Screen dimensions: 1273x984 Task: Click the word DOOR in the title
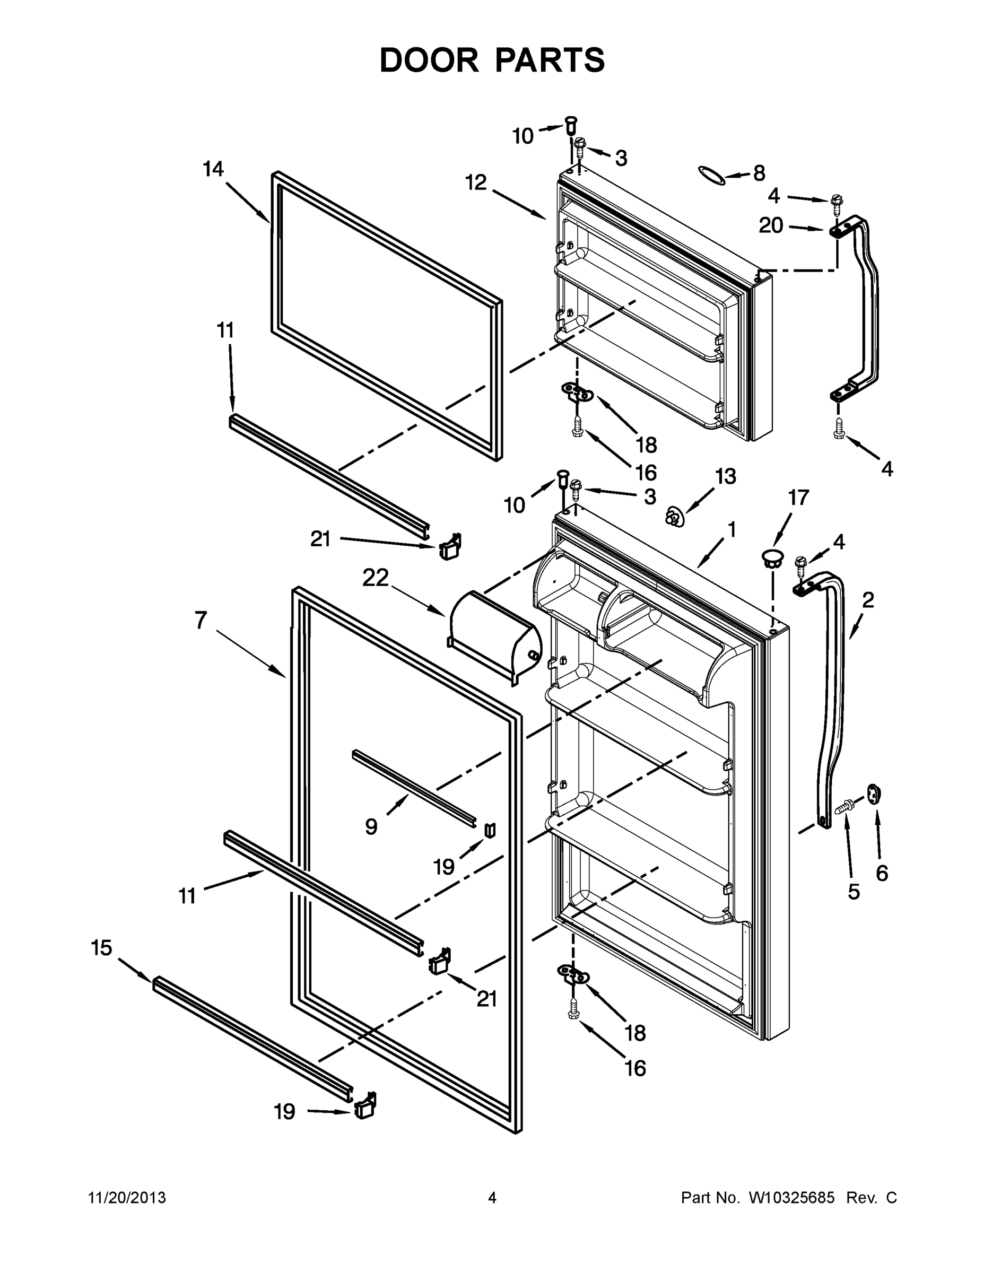click(x=429, y=60)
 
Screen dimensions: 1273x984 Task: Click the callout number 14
click(x=213, y=169)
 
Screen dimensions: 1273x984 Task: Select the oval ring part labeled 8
click(x=712, y=176)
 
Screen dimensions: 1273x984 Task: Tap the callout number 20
click(x=771, y=225)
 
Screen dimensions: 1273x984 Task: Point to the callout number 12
click(x=476, y=182)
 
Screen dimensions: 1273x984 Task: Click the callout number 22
click(x=376, y=578)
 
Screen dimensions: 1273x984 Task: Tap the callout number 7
click(x=201, y=620)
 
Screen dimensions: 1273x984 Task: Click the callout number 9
click(x=371, y=826)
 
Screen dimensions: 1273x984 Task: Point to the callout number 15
click(x=101, y=948)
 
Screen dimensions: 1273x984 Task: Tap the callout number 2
click(x=867, y=600)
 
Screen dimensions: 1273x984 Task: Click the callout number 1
click(x=732, y=529)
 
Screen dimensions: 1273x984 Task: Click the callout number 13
click(x=725, y=476)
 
